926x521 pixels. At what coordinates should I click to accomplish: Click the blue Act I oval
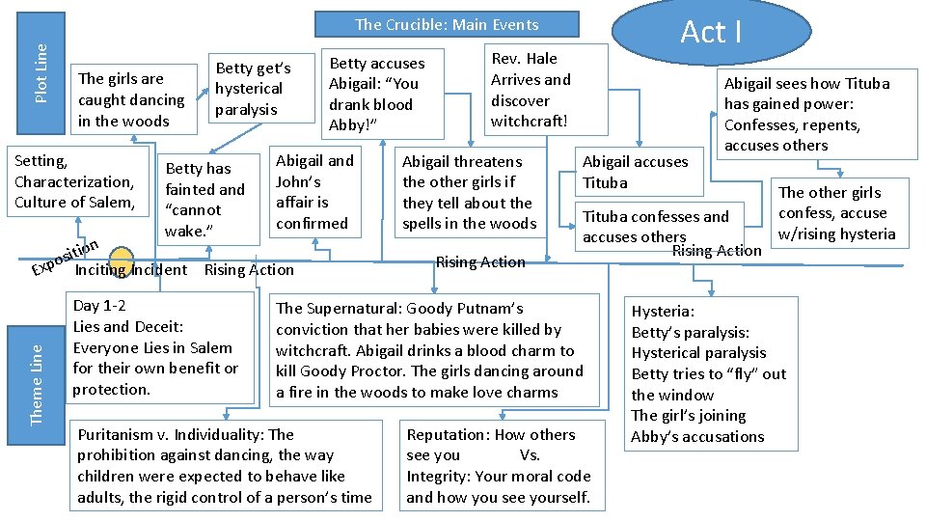(x=711, y=32)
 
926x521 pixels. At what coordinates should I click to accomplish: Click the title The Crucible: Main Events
(x=447, y=25)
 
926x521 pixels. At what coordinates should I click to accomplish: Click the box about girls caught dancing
(x=131, y=99)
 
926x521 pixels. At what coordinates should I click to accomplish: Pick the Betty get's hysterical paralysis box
(x=254, y=89)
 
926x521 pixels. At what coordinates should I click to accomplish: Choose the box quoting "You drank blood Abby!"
(x=377, y=94)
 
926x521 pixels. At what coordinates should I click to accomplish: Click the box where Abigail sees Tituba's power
(x=806, y=114)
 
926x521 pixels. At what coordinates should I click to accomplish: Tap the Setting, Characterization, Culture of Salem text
(x=74, y=181)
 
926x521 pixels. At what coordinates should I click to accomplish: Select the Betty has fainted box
(x=205, y=200)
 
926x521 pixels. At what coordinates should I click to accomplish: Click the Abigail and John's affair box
(x=314, y=191)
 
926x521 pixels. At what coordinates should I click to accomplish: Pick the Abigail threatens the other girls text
(x=469, y=192)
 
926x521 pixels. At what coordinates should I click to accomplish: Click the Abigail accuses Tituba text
(x=635, y=172)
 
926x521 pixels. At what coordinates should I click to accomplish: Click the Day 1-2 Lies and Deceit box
(x=154, y=347)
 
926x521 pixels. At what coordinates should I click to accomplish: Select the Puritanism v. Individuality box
(x=224, y=466)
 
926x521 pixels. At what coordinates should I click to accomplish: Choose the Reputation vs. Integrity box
(x=498, y=466)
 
